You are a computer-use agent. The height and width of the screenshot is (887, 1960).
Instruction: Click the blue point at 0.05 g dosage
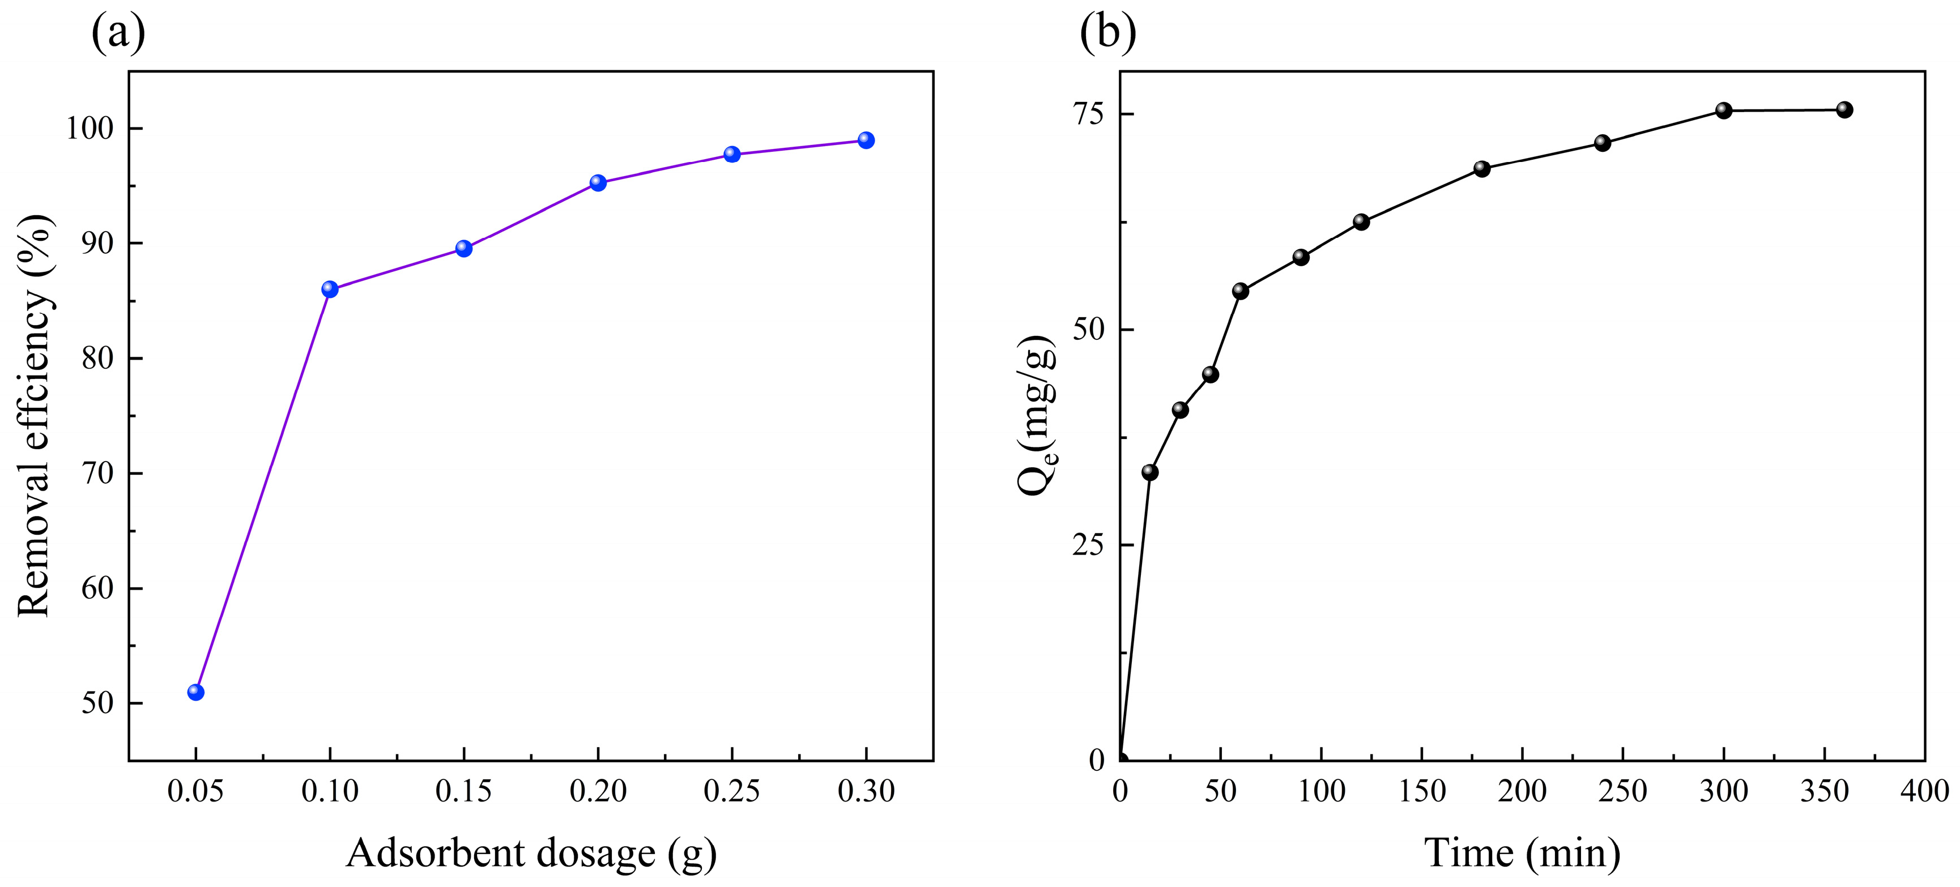pos(195,692)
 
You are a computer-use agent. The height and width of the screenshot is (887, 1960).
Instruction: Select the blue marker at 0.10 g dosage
pos(330,289)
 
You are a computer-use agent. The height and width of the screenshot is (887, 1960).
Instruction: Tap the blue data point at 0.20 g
pos(598,182)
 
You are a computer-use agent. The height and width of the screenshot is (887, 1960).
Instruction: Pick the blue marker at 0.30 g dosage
pos(866,140)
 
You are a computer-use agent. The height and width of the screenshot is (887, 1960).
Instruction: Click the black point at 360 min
pos(1844,109)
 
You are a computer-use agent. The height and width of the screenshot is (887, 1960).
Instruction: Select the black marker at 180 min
pos(1481,168)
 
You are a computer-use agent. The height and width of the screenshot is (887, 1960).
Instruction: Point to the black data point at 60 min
pos(1240,291)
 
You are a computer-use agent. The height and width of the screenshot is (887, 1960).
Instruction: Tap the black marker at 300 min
pos(1723,110)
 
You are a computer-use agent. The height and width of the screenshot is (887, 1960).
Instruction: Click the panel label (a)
pos(118,32)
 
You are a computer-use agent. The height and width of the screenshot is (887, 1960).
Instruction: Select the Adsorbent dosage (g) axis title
pos(531,854)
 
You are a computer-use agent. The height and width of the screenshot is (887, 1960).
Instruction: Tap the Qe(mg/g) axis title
pos(1037,415)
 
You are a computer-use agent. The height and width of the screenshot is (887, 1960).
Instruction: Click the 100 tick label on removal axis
pos(89,128)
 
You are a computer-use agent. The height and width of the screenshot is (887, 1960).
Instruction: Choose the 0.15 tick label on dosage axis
pos(463,792)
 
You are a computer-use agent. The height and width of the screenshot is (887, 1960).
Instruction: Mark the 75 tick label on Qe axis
pos(1088,113)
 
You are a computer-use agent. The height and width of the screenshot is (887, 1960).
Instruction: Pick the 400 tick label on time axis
pos(1924,792)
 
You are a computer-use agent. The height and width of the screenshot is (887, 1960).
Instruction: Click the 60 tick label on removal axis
pos(97,588)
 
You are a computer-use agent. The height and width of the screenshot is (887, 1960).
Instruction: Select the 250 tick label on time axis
pos(1622,792)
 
